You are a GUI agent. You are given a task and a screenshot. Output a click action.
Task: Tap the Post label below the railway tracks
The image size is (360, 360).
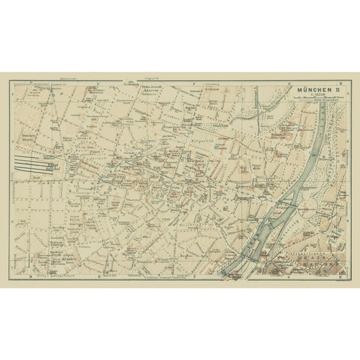point(36,178)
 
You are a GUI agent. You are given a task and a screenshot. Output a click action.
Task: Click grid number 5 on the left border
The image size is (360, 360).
point(13,141)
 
